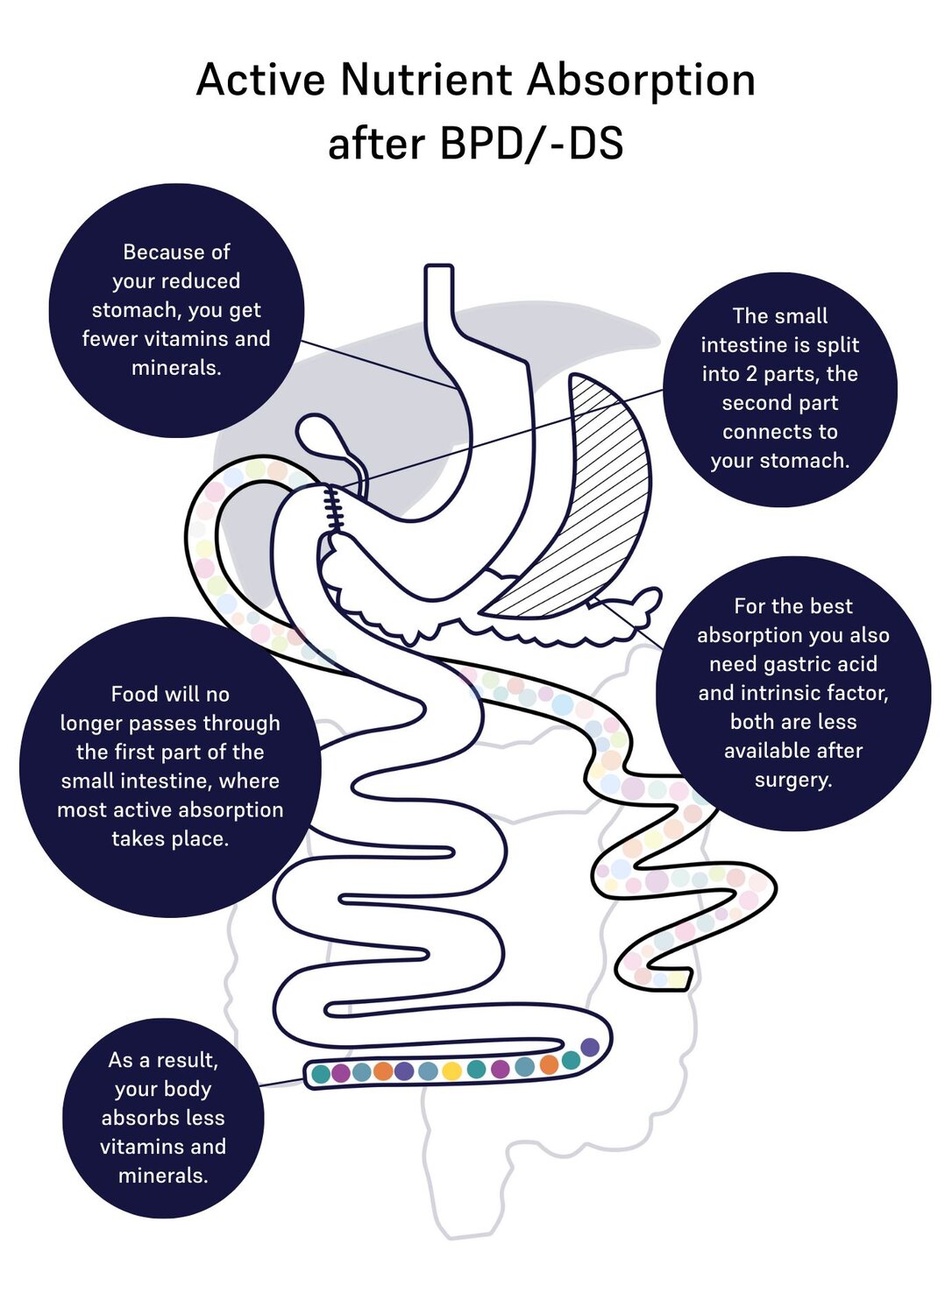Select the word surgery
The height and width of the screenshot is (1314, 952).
click(x=792, y=780)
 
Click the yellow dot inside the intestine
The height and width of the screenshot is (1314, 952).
click(x=451, y=1070)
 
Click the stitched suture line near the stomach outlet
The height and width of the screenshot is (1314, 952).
click(x=333, y=509)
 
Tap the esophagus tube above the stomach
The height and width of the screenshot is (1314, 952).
click(x=439, y=307)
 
